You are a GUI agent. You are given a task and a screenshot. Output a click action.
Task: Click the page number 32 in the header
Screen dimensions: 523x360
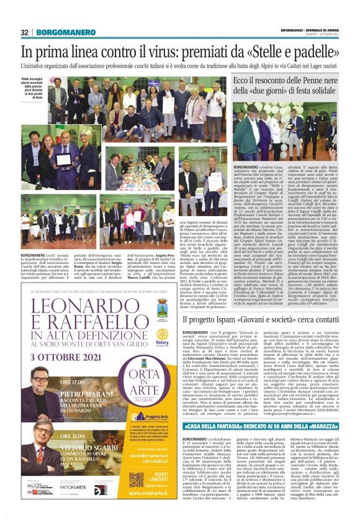pyautogui.click(x=25, y=32)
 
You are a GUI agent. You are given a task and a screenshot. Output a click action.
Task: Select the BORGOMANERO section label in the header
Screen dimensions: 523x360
pyautogui.click(x=56, y=32)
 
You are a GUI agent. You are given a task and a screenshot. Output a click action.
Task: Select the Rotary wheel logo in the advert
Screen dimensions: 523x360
pyautogui.click(x=163, y=330)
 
